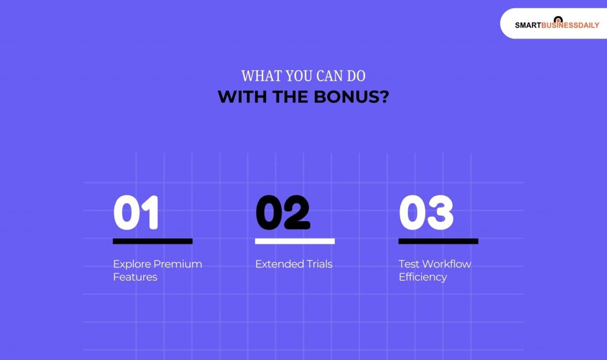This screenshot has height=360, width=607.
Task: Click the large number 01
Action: click(136, 213)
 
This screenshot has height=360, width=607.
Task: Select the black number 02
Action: click(283, 213)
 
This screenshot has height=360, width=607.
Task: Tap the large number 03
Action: click(426, 213)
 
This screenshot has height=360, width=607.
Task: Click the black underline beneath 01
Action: click(152, 241)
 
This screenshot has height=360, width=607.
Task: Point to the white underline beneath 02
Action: click(295, 241)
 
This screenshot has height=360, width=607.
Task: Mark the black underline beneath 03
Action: click(438, 241)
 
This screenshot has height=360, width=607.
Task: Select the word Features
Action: click(135, 277)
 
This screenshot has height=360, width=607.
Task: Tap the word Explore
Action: click(132, 264)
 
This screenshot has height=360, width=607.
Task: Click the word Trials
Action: click(319, 264)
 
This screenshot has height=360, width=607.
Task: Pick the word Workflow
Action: click(446, 264)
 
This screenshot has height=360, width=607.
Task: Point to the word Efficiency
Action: click(423, 277)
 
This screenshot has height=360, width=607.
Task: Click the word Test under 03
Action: click(408, 264)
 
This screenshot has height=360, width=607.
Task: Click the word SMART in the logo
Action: click(526, 26)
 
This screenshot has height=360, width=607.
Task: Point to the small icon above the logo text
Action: click(557, 20)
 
